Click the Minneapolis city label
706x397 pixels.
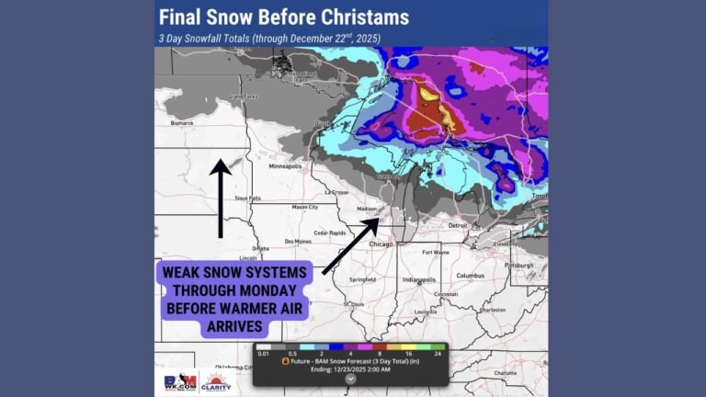tap(285, 167)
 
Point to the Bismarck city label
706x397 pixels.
tap(175, 120)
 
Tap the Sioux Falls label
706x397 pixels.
tap(248, 198)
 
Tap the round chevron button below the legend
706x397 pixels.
tap(349, 377)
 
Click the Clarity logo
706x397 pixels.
tap(217, 380)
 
